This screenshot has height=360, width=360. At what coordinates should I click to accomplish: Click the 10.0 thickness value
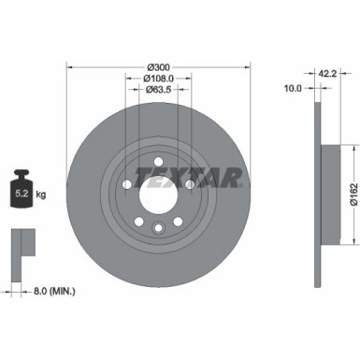click(x=293, y=90)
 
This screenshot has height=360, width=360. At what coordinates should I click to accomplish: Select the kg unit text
click(x=42, y=197)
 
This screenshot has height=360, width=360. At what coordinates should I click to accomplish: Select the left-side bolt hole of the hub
click(x=126, y=185)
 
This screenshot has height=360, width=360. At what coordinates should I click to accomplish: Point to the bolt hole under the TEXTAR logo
click(x=190, y=185)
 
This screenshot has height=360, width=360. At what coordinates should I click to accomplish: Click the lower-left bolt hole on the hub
click(x=138, y=222)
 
